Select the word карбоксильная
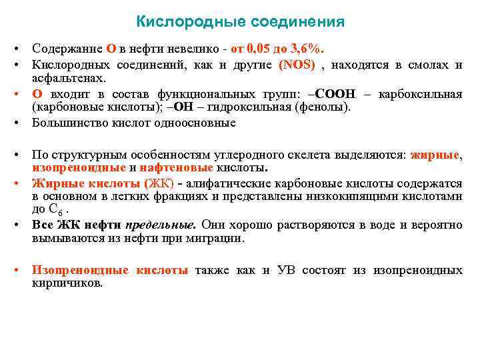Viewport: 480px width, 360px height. [x=420, y=93]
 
